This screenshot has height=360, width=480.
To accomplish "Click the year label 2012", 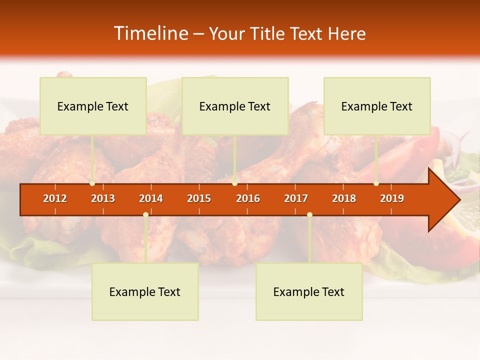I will (55, 198).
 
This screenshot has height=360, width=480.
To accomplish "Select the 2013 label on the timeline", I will (103, 198).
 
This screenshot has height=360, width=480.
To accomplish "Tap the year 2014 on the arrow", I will (151, 198).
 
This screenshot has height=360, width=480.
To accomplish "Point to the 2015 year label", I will (199, 198).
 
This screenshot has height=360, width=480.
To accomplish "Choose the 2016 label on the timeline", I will (248, 198).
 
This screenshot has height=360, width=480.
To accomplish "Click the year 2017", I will (296, 198).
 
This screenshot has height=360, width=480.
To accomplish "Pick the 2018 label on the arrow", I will (344, 198).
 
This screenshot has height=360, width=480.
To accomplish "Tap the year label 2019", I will (392, 198).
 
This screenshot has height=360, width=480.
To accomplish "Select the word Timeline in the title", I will (150, 33).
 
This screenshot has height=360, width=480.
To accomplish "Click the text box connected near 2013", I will (93, 106).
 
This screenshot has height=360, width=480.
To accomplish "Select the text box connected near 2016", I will (235, 106).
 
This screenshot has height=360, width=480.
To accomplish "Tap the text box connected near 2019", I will (377, 106).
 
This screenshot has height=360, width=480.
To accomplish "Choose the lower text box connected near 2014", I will (145, 291).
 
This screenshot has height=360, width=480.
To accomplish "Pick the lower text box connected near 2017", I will (309, 291).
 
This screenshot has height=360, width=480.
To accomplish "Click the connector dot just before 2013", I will (92, 183).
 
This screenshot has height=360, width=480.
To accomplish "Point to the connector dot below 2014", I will (145, 215).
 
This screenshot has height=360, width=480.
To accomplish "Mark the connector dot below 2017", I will (309, 215).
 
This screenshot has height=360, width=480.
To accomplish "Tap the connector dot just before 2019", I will (376, 183).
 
